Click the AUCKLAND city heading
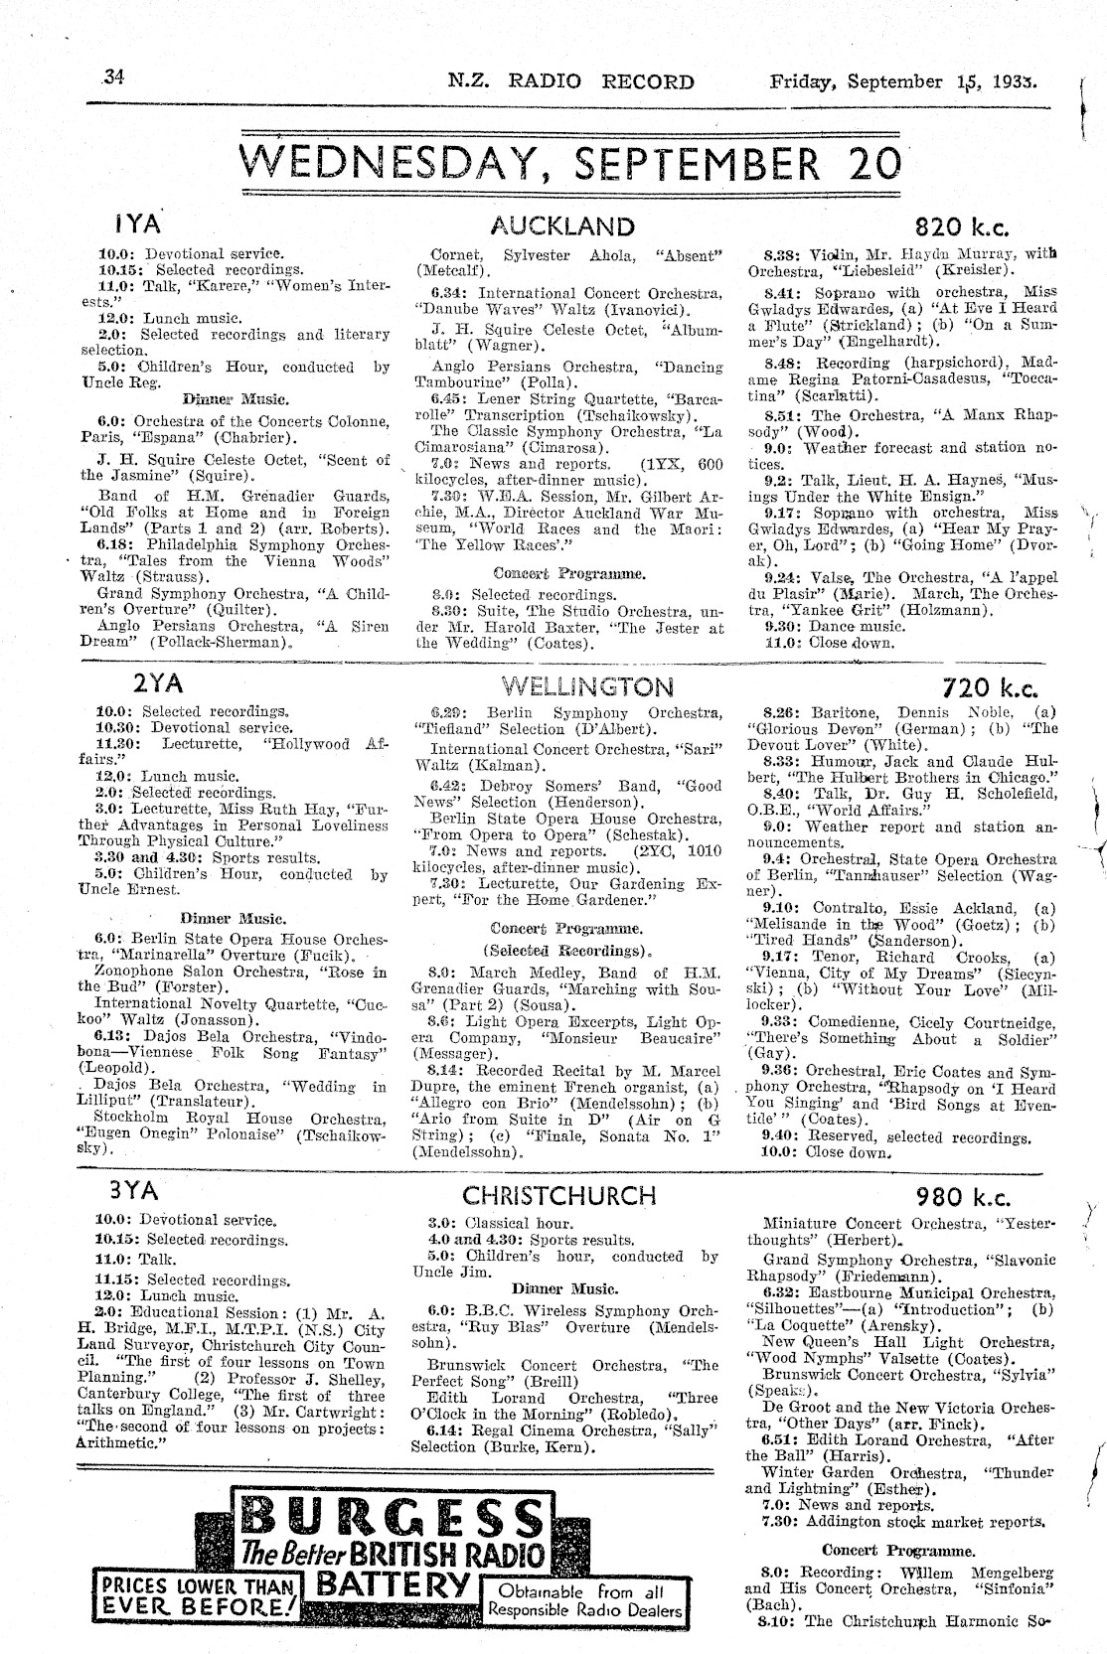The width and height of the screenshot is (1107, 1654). point(562,226)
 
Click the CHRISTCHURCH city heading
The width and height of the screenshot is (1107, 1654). point(559,1194)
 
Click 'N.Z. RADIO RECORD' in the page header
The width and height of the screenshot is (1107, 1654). point(570,80)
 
